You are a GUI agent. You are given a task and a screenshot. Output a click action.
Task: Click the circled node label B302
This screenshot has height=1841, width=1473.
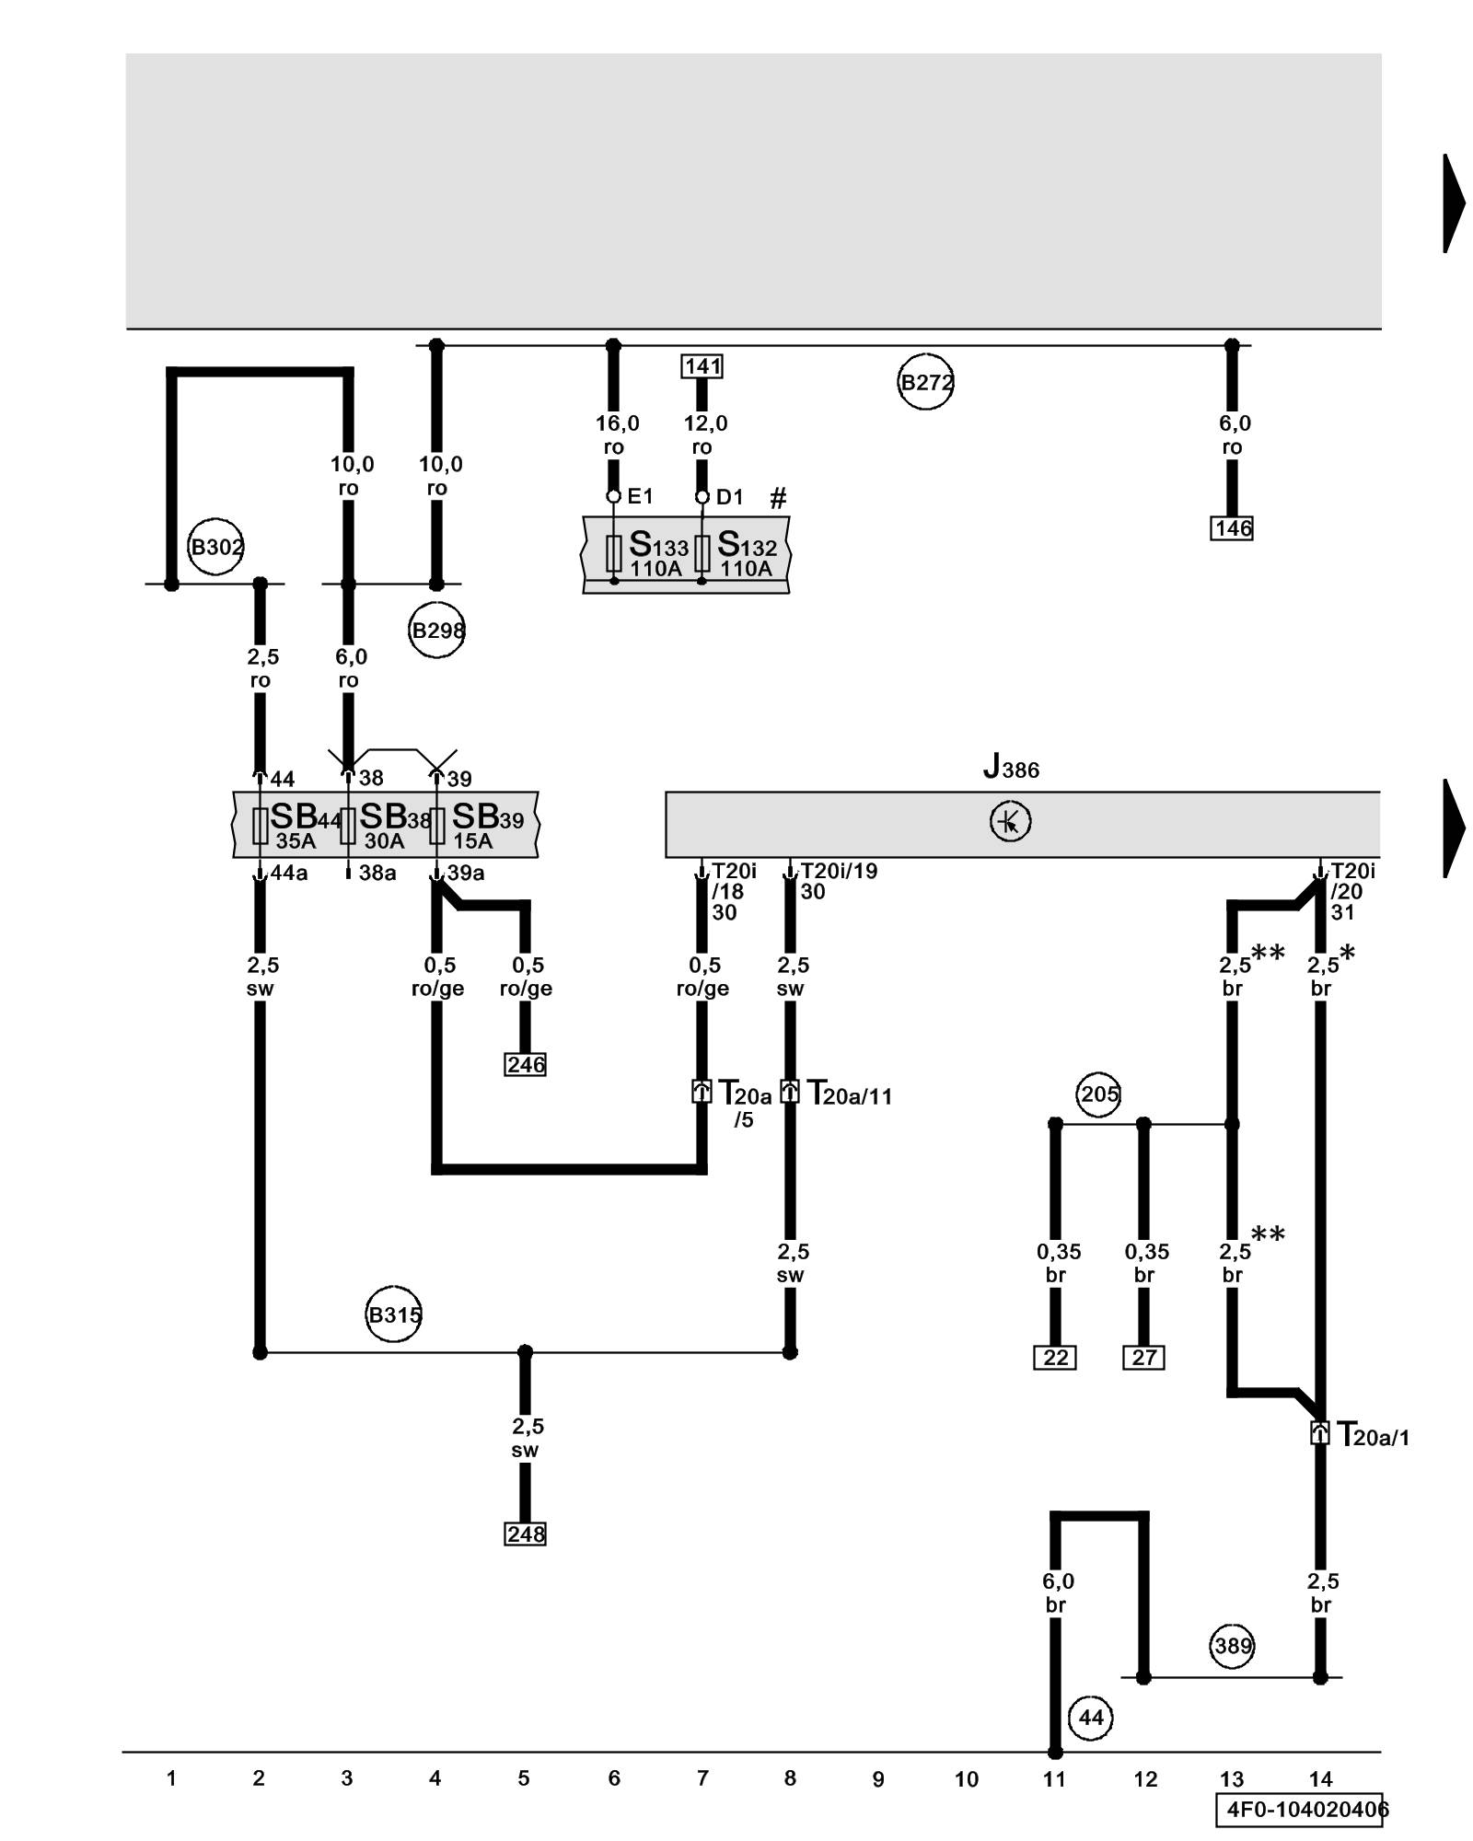pyautogui.click(x=215, y=547)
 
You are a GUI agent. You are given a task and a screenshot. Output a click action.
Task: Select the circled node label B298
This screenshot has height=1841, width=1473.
pyautogui.click(x=436, y=631)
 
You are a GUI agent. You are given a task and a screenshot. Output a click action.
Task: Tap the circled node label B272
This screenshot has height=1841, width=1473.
pyautogui.click(x=925, y=382)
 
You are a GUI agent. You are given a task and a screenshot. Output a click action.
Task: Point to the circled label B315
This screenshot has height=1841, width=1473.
pyautogui.click(x=393, y=1314)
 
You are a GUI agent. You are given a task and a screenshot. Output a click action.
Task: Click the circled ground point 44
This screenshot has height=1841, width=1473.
pyautogui.click(x=1090, y=1718)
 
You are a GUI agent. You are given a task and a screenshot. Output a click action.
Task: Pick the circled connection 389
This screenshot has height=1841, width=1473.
pyautogui.click(x=1233, y=1646)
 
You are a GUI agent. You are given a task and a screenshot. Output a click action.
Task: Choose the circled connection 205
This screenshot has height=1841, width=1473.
pyautogui.click(x=1098, y=1094)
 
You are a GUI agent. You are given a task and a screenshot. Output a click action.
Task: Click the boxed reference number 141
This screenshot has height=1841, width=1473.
pyautogui.click(x=702, y=366)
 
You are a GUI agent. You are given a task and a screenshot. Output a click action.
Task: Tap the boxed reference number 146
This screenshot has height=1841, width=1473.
pyautogui.click(x=1232, y=528)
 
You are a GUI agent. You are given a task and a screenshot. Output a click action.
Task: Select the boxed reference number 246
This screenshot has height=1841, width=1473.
pyautogui.click(x=526, y=1065)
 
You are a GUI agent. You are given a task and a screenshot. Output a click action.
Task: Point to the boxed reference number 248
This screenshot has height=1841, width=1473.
pyautogui.click(x=526, y=1534)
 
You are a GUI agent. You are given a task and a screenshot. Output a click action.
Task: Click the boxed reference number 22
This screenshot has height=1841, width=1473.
pyautogui.click(x=1055, y=1358)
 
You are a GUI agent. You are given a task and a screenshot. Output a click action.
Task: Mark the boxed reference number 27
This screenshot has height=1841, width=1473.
pyautogui.click(x=1143, y=1358)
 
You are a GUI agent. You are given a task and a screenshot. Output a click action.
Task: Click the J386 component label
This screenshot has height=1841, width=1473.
pyautogui.click(x=1011, y=767)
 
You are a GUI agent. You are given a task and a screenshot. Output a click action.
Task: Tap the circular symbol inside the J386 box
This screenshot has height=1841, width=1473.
pyautogui.click(x=1010, y=822)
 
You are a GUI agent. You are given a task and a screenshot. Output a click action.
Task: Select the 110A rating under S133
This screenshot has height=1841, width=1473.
pyautogui.click(x=655, y=569)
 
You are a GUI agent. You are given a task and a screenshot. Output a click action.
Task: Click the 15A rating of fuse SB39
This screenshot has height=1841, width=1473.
pyautogui.click(x=472, y=841)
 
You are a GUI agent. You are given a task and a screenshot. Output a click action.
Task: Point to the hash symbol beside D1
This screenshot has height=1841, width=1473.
pyautogui.click(x=778, y=499)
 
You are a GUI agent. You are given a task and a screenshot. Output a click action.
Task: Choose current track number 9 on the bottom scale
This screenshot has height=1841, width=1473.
pyautogui.click(x=877, y=1779)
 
